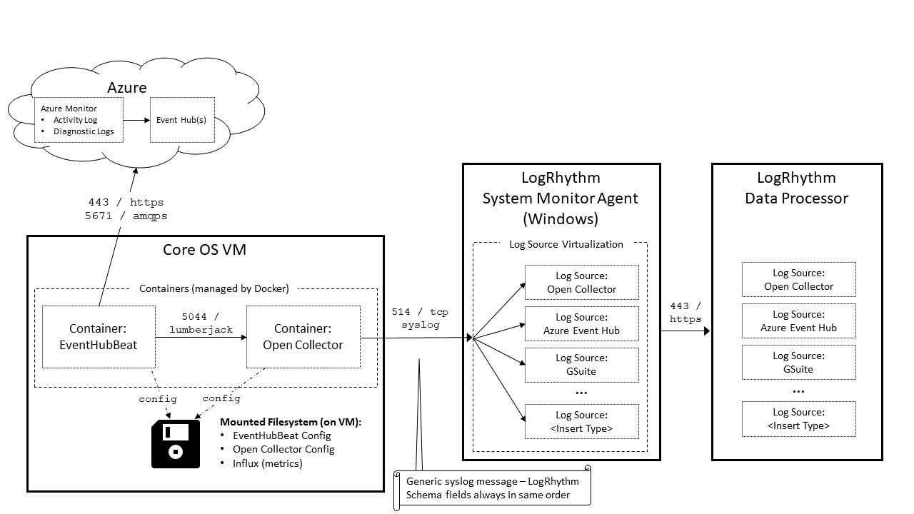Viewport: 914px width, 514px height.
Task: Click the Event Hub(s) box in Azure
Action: coord(181,120)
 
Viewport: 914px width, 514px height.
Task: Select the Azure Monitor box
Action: coord(79,120)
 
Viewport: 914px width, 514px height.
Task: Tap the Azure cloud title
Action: coord(127,88)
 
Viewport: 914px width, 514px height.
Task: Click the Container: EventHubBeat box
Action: coord(99,337)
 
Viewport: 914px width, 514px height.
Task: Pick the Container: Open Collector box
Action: coord(303,337)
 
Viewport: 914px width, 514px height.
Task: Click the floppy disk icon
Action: coord(176,444)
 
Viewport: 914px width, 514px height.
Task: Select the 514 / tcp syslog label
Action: coord(420,318)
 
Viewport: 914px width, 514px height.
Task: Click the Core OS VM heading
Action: coord(204,251)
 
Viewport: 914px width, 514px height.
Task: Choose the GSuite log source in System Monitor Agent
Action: coord(581,365)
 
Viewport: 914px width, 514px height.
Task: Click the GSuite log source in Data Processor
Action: coord(798,363)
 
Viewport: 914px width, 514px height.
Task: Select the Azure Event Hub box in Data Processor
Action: coord(798,321)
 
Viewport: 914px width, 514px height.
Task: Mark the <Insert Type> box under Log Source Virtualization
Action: coord(581,422)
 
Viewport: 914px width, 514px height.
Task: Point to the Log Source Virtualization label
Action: coord(566,244)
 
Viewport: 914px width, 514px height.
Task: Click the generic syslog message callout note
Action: coord(493,488)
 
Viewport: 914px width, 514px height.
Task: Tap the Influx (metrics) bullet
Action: coord(267,463)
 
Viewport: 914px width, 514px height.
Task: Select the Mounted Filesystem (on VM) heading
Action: coord(291,422)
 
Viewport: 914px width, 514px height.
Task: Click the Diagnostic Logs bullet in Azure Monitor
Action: coord(84,131)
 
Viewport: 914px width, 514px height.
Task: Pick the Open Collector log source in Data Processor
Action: coord(798,280)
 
